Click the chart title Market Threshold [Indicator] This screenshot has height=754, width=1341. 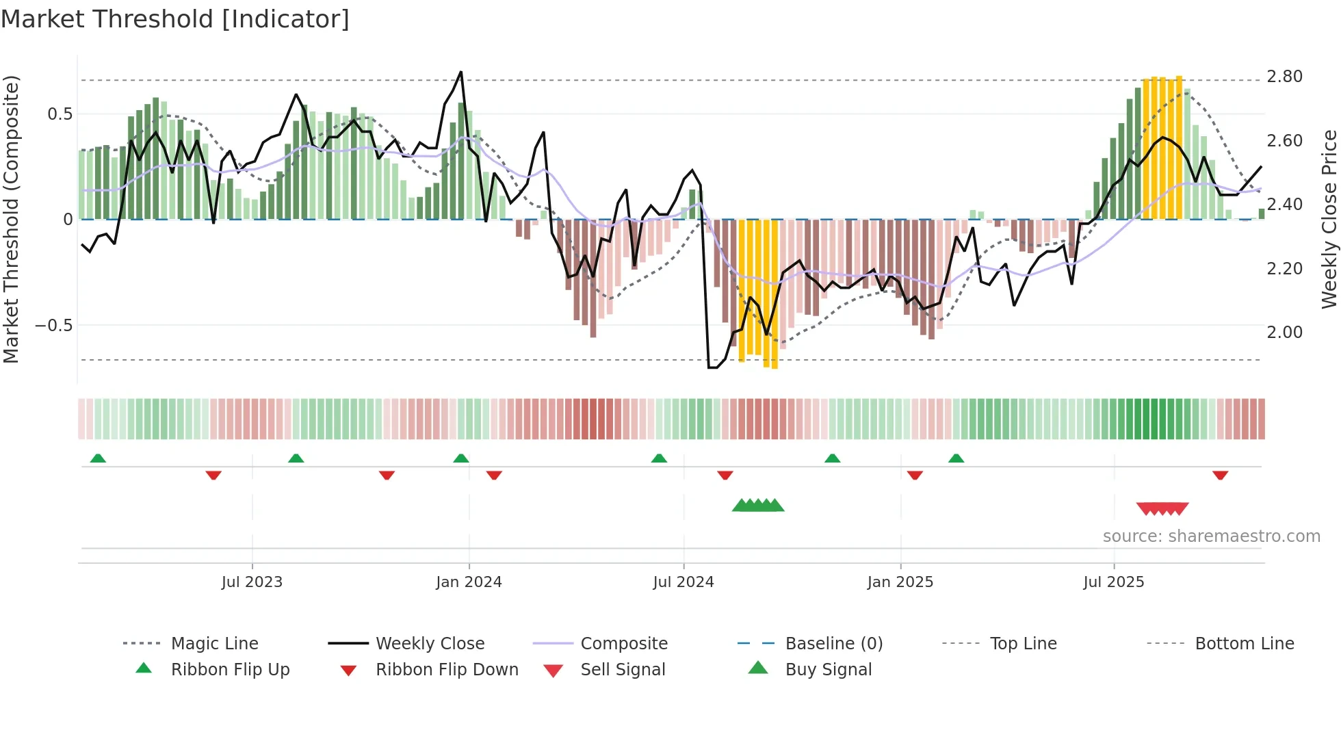tap(175, 19)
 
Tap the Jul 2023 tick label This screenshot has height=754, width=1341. tap(252, 582)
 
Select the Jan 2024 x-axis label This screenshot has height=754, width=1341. tap(469, 582)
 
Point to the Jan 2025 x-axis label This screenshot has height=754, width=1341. tap(900, 582)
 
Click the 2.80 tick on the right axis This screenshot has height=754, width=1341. tap(1284, 77)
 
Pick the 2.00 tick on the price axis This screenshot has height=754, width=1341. tap(1284, 333)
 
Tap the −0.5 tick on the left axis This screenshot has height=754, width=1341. tap(54, 326)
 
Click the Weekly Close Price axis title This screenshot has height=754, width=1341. tap(1329, 219)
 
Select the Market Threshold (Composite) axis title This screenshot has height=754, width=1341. tap(11, 219)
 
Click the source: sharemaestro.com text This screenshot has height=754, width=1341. tap(1211, 536)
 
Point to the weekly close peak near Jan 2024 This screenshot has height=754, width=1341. tap(460, 72)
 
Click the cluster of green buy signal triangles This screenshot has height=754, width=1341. tap(758, 506)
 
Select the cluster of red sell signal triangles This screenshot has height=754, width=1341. tap(1162, 508)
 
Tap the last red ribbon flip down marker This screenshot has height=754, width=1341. tap(1220, 475)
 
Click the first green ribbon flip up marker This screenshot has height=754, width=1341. tap(98, 458)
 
